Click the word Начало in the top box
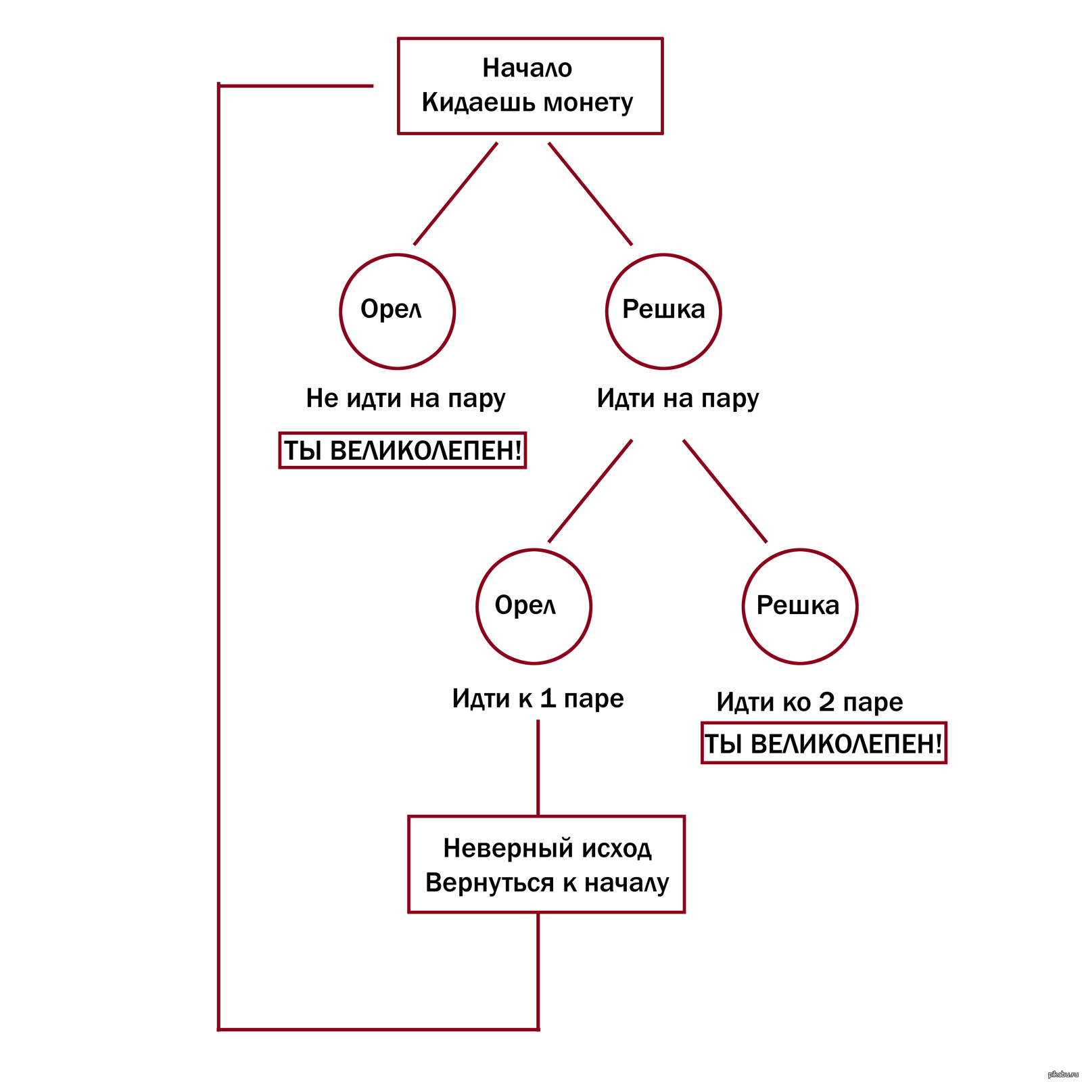point(527,68)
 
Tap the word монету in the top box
point(588,103)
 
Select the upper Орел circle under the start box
point(397,311)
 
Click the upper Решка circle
point(663,311)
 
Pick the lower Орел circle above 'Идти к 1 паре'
point(534,606)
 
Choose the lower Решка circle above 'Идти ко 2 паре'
point(800,606)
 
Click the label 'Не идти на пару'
point(406,398)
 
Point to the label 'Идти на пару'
point(678,398)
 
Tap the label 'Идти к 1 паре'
point(538,699)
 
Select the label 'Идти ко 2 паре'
point(809,703)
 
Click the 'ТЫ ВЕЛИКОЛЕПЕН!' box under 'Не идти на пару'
point(402,450)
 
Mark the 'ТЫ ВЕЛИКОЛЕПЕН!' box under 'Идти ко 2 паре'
point(823,744)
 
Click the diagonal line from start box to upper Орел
point(455,194)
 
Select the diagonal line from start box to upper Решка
point(590,194)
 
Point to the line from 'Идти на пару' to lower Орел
point(590,492)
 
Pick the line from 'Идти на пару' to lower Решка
point(725,492)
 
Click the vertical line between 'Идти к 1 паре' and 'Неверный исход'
point(538,768)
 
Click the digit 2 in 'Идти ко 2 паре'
point(826,703)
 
